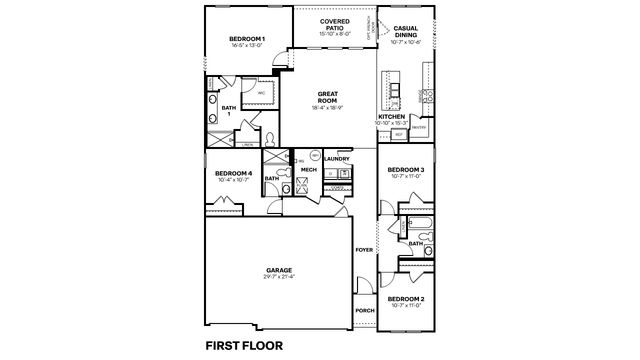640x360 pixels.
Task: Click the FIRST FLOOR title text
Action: point(244,346)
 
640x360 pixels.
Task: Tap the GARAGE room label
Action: point(279,269)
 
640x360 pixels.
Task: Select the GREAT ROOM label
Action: point(327,97)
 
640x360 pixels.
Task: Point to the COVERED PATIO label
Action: point(334,24)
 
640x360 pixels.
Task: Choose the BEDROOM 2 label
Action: point(407,299)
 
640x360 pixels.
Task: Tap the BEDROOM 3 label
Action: point(407,170)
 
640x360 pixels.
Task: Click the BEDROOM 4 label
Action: point(234,174)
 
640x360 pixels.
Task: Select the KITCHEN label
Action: point(391,116)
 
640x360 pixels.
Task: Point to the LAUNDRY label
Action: point(336,158)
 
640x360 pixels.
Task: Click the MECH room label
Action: point(309,170)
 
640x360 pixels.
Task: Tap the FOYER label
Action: point(363,250)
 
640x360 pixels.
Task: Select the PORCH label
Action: point(364,311)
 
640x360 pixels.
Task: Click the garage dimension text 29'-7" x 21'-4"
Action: point(279,276)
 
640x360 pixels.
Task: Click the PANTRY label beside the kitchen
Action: point(419,128)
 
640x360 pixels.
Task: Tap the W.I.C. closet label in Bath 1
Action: point(262,92)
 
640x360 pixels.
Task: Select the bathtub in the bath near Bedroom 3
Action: point(418,226)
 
